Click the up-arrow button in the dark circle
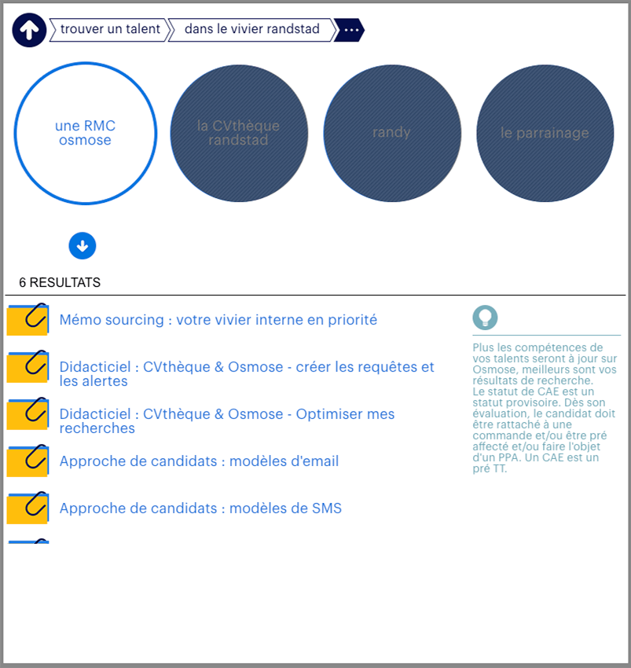[30, 31]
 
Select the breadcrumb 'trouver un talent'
[110, 30]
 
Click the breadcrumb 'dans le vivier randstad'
[251, 30]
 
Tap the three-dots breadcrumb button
[350, 30]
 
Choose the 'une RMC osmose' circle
[85, 134]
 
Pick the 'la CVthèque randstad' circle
[238, 134]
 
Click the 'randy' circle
[391, 134]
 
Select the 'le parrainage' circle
[545, 134]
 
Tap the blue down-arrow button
[83, 245]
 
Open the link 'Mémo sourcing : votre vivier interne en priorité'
[218, 320]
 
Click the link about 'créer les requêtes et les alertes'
[247, 374]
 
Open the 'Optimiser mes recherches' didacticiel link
[227, 421]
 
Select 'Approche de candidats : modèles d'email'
[199, 461]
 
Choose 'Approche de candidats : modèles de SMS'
[200, 508]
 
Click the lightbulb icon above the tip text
[485, 317]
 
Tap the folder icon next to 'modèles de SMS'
[28, 508]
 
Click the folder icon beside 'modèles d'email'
[28, 461]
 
